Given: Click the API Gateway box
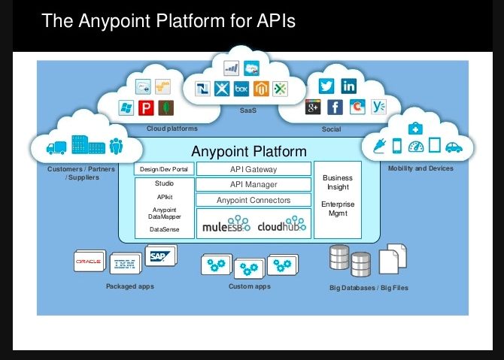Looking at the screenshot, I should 253,169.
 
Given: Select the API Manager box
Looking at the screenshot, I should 253,184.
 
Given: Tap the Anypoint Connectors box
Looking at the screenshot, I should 253,200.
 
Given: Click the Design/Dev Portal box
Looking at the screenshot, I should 165,169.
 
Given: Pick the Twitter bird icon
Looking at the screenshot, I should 326,86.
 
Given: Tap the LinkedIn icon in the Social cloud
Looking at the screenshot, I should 348,86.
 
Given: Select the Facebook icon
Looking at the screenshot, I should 335,107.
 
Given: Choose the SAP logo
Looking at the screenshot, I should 159,256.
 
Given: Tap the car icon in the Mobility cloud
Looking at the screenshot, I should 454,147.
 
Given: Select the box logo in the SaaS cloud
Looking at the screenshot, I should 241,89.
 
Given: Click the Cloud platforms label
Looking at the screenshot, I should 172,129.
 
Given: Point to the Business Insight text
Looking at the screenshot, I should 338,182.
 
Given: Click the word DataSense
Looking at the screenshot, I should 164,229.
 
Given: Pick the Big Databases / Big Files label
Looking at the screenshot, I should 369,287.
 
